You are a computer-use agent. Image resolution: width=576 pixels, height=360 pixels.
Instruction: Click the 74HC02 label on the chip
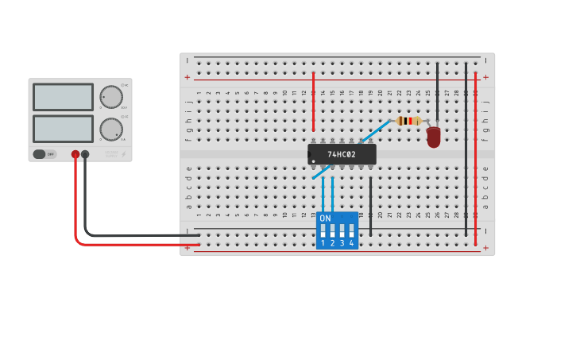[342, 154]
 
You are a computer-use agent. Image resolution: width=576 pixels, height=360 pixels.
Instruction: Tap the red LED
[433, 137]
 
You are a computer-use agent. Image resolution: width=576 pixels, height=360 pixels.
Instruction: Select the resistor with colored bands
[408, 121]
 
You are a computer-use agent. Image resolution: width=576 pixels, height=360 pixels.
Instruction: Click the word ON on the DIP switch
[325, 219]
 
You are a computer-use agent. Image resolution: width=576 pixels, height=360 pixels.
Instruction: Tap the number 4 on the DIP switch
[351, 242]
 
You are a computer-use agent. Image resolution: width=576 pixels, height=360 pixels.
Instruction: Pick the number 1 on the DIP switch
[323, 242]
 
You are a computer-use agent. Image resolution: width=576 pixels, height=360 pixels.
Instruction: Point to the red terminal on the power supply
[75, 154]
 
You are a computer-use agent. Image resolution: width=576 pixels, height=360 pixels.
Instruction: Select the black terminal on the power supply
[85, 154]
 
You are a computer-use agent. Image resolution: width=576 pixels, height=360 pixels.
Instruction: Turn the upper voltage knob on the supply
[111, 97]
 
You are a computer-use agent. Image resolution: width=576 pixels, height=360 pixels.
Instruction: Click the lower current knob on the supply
[111, 130]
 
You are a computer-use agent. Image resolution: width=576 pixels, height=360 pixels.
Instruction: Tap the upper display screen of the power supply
[63, 97]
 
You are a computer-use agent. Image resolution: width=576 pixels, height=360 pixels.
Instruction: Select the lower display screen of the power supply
[63, 129]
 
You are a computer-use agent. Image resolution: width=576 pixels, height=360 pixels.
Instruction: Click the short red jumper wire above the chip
[314, 102]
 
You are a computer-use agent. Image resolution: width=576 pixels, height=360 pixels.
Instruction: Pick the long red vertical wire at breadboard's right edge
[475, 159]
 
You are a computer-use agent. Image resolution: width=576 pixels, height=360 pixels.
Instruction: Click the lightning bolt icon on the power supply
[123, 154]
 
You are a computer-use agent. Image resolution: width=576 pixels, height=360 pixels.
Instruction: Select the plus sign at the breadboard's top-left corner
[187, 77]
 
